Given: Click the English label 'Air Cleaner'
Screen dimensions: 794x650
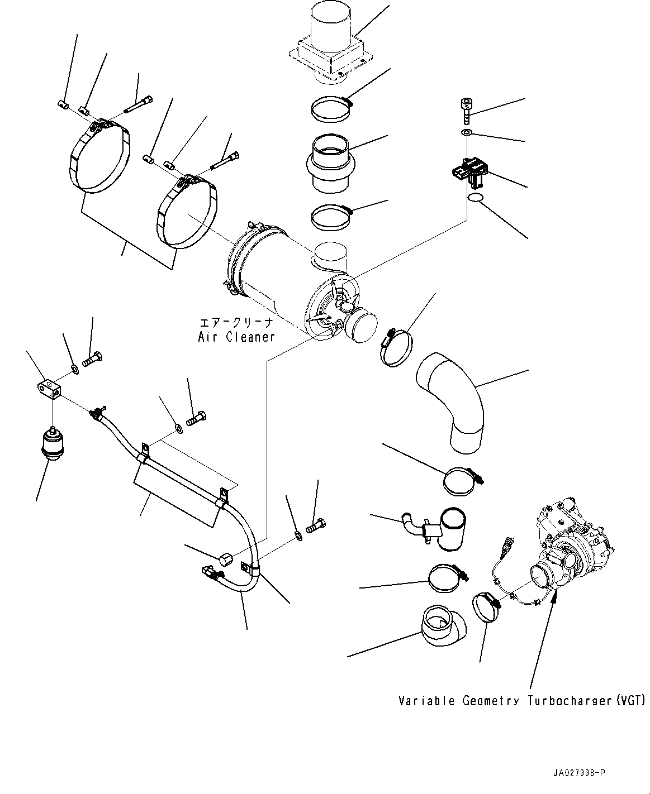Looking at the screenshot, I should (236, 337).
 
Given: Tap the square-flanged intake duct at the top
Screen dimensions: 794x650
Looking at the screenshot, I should (330, 47).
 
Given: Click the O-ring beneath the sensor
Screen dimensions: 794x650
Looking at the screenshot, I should (475, 198).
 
